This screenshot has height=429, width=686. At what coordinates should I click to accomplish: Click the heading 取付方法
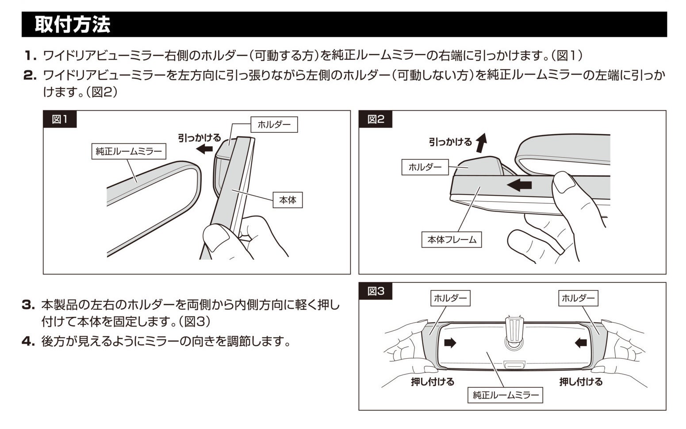[x=72, y=24]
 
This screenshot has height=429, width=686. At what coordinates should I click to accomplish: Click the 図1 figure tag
[x=60, y=119]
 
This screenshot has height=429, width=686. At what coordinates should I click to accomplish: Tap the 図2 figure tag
[x=376, y=119]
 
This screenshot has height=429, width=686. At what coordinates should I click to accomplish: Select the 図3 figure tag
[x=376, y=291]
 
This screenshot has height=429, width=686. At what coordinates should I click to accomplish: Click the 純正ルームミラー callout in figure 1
[x=129, y=151]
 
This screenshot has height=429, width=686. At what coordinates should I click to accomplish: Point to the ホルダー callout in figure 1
[x=274, y=124]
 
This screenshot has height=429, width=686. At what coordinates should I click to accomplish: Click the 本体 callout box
[x=287, y=200]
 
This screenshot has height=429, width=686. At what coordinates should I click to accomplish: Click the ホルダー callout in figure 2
[x=425, y=167]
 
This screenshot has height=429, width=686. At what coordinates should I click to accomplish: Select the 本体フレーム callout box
[x=452, y=240]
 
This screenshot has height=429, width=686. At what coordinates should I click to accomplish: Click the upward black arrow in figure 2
[x=481, y=142]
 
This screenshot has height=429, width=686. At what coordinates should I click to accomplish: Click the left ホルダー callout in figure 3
[x=450, y=298]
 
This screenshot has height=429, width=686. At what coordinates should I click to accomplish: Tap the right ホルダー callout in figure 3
[x=578, y=298]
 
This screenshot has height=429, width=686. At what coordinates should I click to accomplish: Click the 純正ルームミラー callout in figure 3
[x=505, y=395]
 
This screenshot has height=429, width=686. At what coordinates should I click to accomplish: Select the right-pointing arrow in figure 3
[x=450, y=343]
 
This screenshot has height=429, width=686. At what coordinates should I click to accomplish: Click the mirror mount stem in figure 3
[x=514, y=330]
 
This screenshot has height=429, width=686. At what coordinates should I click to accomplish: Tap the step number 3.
[x=28, y=305]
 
